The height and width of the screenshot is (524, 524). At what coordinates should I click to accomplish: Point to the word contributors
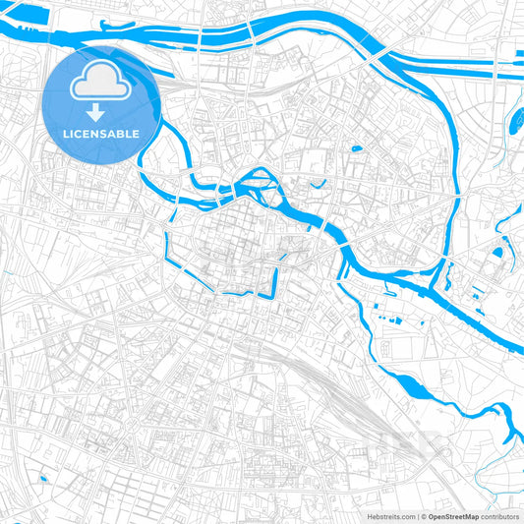click(500, 516)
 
